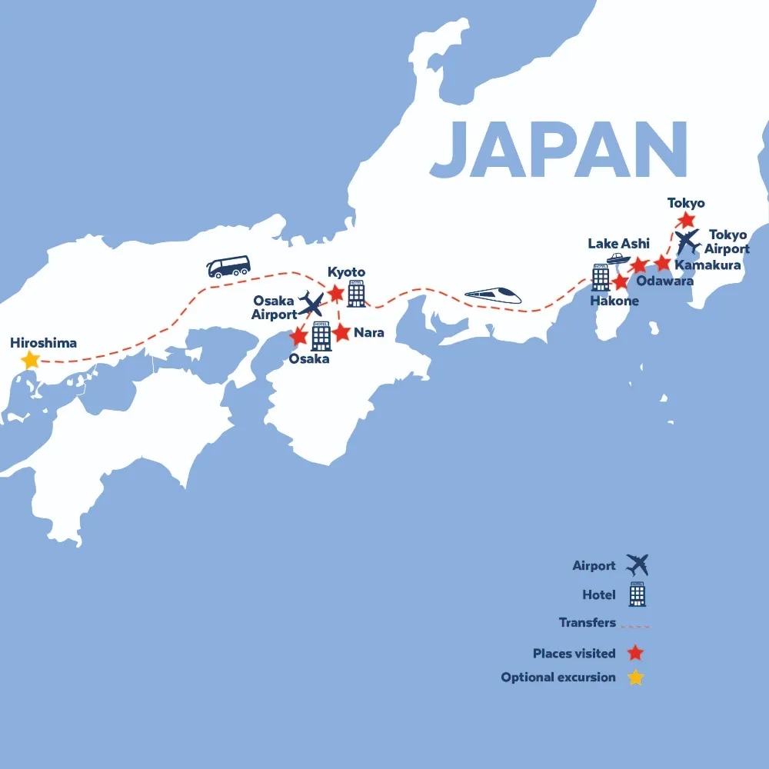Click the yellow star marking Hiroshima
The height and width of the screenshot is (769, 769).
click(30, 359)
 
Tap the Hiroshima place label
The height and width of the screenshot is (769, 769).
click(44, 342)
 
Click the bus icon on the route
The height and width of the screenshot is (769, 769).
click(228, 267)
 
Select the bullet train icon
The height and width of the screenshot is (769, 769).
click(493, 295)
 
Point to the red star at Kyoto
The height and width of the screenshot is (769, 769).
click(336, 294)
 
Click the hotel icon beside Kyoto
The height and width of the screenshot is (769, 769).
click(356, 294)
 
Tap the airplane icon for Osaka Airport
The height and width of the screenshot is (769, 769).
click(312, 305)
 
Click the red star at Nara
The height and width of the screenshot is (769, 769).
click(342, 333)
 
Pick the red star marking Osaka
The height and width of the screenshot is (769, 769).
click(298, 337)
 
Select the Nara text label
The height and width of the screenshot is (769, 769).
click(369, 333)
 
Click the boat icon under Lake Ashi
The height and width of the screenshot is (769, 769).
click(619, 258)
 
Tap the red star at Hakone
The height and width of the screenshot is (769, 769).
click(621, 282)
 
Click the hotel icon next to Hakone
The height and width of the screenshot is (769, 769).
click(601, 278)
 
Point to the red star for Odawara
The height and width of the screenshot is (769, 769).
click(639, 265)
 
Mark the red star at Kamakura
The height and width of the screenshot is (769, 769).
click(663, 263)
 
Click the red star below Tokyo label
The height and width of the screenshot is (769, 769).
click(685, 221)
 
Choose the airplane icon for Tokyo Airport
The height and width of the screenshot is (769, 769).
click(687, 241)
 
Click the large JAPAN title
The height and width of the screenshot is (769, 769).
click(558, 148)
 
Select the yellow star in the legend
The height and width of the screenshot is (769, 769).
click(635, 677)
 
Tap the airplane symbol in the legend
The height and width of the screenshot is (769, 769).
click(637, 565)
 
